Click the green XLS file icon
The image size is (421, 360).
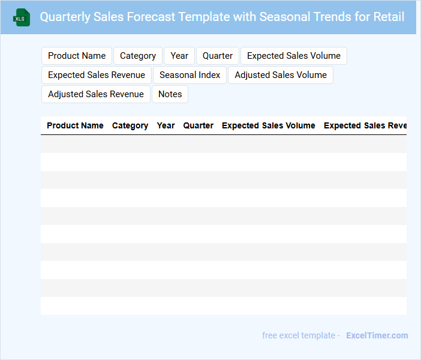point(22,17)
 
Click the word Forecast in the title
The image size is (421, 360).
point(151,17)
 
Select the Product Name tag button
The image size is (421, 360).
point(77,56)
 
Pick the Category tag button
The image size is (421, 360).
point(138,56)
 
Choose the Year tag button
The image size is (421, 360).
point(179,56)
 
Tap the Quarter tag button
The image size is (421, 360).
point(218,56)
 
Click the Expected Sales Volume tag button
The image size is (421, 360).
point(294,56)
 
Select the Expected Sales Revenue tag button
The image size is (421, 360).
point(97,75)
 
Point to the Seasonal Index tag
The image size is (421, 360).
point(190,75)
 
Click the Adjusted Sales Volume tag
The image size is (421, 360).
point(281,75)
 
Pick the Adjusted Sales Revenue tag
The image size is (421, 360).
point(96,94)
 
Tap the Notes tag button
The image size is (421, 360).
point(170,94)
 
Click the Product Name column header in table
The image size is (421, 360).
point(75,125)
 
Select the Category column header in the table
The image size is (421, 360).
point(130,126)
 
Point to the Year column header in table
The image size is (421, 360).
point(166,125)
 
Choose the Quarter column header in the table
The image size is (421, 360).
point(198,125)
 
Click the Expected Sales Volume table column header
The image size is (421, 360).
point(269,125)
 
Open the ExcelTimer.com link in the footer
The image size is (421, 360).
point(377,335)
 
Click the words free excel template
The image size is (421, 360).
point(299,335)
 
